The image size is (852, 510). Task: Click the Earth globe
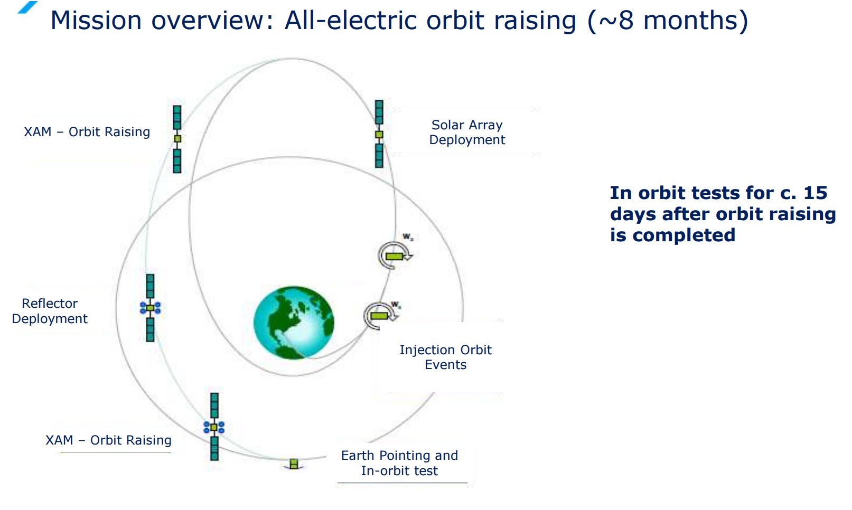[x=294, y=323]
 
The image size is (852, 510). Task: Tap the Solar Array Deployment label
[x=467, y=132]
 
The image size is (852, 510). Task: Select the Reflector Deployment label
[x=50, y=311]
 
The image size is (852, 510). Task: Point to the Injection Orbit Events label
[x=445, y=357]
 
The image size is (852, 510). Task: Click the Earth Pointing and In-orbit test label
[x=399, y=463]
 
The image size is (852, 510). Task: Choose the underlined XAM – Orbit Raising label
[x=108, y=440]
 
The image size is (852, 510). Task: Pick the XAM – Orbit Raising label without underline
[x=87, y=132]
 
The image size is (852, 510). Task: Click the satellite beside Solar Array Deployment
[x=379, y=134]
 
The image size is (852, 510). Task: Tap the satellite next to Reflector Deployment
[x=150, y=308]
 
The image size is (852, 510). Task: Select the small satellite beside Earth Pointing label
[x=294, y=464]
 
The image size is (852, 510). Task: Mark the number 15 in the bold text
[x=815, y=193]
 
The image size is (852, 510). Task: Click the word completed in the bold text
[x=684, y=235]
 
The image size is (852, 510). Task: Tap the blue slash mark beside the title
[x=27, y=7]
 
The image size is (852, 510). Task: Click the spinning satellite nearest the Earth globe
[x=380, y=316]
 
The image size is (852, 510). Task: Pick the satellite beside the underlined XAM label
[x=214, y=427]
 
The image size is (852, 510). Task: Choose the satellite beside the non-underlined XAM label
[x=177, y=139]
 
